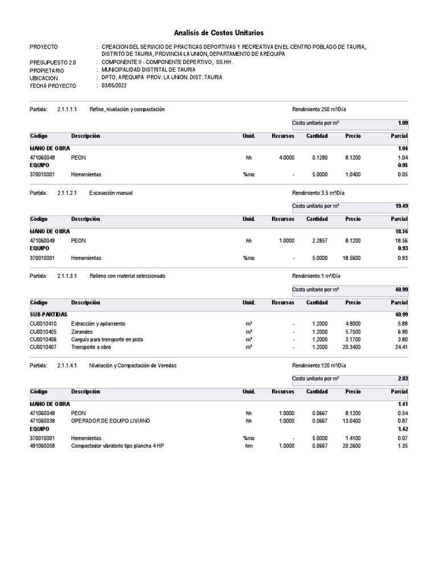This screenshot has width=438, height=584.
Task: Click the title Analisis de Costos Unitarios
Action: tap(219, 34)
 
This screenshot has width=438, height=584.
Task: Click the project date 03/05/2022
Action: tap(114, 86)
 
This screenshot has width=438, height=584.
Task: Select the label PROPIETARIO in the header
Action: tap(48, 70)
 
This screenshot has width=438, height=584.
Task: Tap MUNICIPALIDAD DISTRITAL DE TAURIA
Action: tap(148, 70)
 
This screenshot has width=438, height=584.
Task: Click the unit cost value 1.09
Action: tap(403, 123)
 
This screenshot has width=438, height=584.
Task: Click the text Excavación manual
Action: tap(111, 193)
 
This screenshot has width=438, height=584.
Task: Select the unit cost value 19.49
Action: tap(401, 206)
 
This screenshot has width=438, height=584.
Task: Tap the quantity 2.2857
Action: tap(319, 241)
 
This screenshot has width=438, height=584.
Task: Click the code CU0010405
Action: tap(43, 331)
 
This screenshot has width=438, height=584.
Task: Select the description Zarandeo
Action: tap(82, 331)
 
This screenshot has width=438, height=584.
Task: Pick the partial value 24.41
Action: tap(401, 346)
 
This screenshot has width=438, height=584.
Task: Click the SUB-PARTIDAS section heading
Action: tap(48, 314)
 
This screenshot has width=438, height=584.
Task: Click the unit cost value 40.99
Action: tap(401, 290)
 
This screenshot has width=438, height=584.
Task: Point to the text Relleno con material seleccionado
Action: tap(127, 276)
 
